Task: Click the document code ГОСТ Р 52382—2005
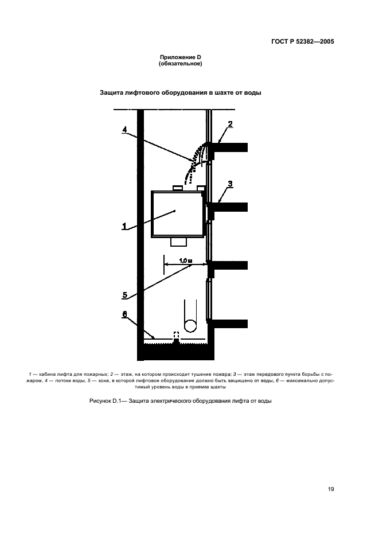tap(302, 42)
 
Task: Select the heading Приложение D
tap(180, 57)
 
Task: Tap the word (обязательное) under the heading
tap(181, 64)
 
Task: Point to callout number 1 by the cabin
tap(124, 227)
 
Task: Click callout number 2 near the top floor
tap(230, 124)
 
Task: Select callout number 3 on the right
tap(230, 184)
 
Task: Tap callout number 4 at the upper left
tap(124, 130)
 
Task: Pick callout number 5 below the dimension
tap(124, 295)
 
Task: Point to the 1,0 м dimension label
tap(186, 260)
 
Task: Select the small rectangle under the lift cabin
tap(179, 242)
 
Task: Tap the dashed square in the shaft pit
tap(177, 335)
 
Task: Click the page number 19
tap(331, 489)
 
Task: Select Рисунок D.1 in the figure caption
tap(103, 401)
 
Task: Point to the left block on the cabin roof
tap(178, 188)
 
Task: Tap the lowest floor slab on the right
tap(228, 324)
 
